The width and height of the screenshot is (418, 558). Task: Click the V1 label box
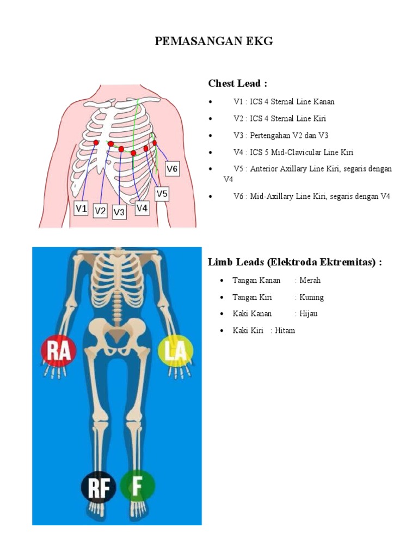(x=81, y=208)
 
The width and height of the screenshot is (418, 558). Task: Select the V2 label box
(x=100, y=210)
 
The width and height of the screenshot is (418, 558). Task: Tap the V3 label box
(x=120, y=212)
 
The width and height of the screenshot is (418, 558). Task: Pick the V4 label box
(x=142, y=208)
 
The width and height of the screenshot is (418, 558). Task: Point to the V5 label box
(x=162, y=193)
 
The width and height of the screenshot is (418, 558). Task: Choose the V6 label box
(x=172, y=168)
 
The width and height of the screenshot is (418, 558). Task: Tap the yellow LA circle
(x=175, y=350)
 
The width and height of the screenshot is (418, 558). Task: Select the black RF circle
(x=99, y=487)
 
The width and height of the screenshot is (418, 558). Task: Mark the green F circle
(x=137, y=486)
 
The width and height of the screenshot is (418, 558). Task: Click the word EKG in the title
(x=257, y=41)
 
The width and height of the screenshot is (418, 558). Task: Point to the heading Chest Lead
(x=237, y=83)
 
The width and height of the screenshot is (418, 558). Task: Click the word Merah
(x=310, y=280)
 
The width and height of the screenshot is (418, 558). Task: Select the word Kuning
(x=311, y=297)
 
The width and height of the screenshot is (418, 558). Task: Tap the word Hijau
(x=308, y=313)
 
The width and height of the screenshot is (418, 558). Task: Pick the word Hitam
(x=285, y=330)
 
